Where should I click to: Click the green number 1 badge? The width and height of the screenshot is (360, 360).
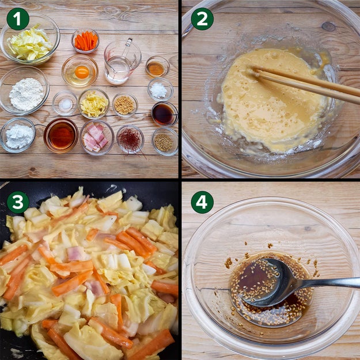pyautogui.click(x=18, y=19)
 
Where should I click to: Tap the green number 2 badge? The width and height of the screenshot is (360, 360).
pyautogui.click(x=202, y=19)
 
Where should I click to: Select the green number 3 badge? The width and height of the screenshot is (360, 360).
pyautogui.click(x=18, y=202)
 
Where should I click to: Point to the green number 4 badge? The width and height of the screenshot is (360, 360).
pyautogui.click(x=202, y=202)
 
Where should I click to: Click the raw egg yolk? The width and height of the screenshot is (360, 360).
pyautogui.click(x=82, y=72)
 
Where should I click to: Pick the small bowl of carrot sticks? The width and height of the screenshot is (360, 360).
pyautogui.click(x=85, y=41)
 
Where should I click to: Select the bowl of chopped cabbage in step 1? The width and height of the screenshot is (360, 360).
pyautogui.click(x=30, y=39)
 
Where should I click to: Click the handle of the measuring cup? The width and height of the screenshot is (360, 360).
pyautogui.click(x=129, y=44)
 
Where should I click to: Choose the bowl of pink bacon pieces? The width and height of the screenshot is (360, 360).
pyautogui.click(x=97, y=137)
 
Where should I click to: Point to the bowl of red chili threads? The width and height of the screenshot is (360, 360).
pyautogui.click(x=130, y=139)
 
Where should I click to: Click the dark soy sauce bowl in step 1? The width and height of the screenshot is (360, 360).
pyautogui.click(x=164, y=114)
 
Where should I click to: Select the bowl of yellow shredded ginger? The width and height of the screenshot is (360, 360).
pyautogui.click(x=94, y=104)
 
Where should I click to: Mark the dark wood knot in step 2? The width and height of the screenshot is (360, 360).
pyautogui.click(x=329, y=26)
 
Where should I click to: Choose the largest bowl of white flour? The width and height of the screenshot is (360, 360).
pyautogui.click(x=25, y=90)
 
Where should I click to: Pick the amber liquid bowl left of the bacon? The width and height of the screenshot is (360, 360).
pyautogui.click(x=61, y=135)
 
